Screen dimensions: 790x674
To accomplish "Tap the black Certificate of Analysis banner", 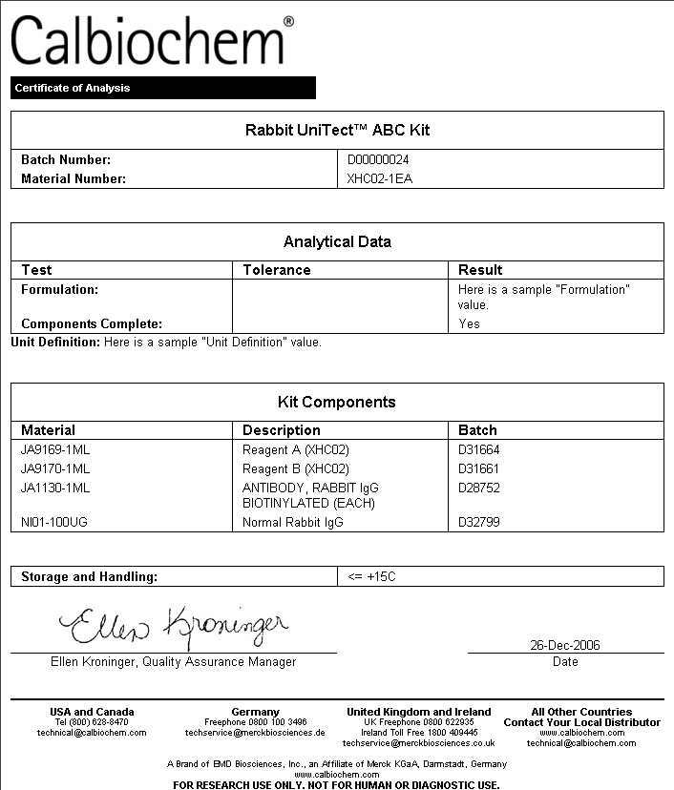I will click(x=162, y=88).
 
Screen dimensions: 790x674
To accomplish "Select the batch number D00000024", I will click(x=378, y=160).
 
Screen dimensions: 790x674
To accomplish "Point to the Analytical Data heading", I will click(x=337, y=241).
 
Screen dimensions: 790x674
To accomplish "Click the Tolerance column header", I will click(x=276, y=270).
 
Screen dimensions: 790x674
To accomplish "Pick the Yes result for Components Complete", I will click(x=469, y=323).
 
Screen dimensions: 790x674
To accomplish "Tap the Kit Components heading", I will click(x=337, y=402).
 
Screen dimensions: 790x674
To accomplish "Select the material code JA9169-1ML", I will click(x=55, y=449).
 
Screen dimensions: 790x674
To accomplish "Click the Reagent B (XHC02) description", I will click(x=296, y=468).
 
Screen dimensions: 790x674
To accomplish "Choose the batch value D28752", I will click(x=478, y=488).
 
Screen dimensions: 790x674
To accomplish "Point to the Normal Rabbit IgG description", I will click(x=292, y=522).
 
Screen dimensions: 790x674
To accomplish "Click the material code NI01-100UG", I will click(x=54, y=522).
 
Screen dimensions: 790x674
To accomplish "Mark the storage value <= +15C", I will click(x=370, y=576).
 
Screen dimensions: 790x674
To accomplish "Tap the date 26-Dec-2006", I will click(x=565, y=645).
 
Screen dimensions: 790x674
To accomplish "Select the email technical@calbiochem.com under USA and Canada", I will click(x=92, y=733).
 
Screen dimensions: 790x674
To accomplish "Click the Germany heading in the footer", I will click(x=256, y=712).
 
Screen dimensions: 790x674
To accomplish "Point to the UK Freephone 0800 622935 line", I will click(x=418, y=722).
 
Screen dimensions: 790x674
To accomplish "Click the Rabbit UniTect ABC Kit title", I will click(x=337, y=130).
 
